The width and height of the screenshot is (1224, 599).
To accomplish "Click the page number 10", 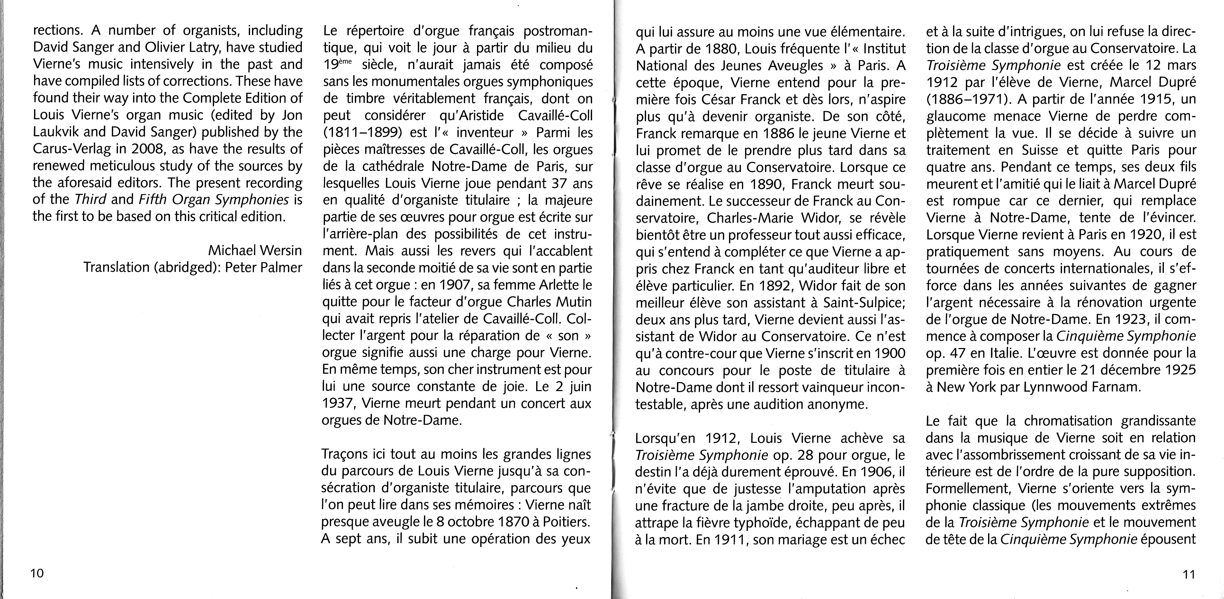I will coord(37,573).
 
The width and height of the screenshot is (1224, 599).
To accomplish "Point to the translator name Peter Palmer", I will coord(264,267).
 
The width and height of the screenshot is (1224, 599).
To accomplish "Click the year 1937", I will coord(339,403).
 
